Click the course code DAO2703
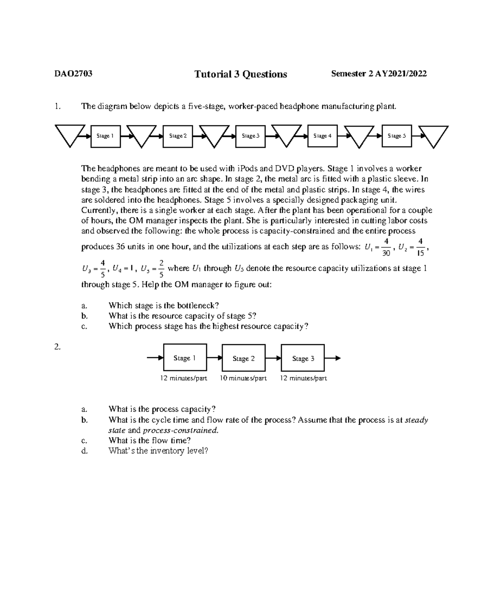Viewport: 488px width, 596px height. (74, 74)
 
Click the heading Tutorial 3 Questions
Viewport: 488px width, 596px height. (240, 74)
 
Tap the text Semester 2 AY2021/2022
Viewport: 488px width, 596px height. (379, 74)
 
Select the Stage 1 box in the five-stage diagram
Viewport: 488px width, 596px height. (105, 136)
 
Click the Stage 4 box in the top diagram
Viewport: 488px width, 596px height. (322, 136)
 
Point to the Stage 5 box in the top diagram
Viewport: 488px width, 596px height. (396, 136)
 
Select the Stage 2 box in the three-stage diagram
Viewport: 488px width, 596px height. (244, 358)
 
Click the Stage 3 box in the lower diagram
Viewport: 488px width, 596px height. (303, 358)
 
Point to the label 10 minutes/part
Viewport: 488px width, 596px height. (243, 378)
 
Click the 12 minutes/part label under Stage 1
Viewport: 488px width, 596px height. (183, 378)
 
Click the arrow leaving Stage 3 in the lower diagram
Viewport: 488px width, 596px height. (333, 358)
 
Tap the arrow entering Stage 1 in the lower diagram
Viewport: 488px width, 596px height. (155, 358)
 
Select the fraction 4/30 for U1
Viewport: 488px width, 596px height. (386, 247)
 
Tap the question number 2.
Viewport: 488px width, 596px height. (57, 347)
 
